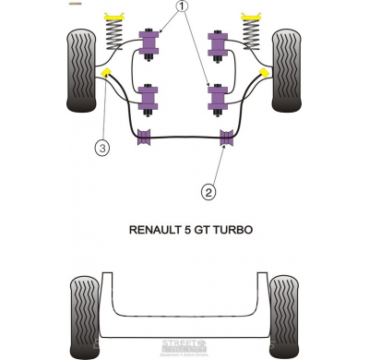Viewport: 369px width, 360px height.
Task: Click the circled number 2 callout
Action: [208, 191]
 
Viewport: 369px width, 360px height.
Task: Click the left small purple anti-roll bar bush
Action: [144, 139]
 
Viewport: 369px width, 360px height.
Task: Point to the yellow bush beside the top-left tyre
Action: [108, 72]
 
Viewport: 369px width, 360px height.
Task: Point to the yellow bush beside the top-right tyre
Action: [264, 70]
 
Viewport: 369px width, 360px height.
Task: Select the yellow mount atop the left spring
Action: [116, 17]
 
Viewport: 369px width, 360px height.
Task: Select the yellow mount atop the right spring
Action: [249, 17]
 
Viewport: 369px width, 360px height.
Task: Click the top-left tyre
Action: [80, 69]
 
